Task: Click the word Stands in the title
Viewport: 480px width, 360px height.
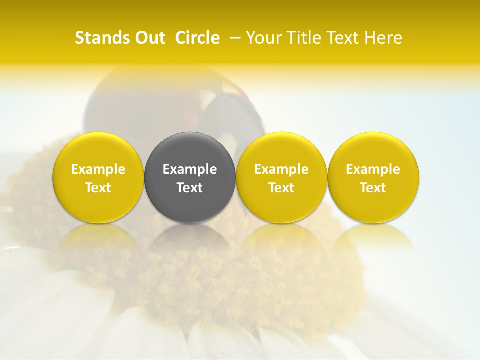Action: [98, 38]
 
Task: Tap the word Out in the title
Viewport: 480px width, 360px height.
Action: [149, 38]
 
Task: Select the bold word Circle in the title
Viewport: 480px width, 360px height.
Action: [197, 38]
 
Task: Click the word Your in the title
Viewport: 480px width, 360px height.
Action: [261, 38]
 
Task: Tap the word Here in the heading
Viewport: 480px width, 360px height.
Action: [383, 38]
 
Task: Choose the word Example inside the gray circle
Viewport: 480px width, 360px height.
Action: [190, 169]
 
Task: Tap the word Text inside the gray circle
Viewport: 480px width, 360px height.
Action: [190, 188]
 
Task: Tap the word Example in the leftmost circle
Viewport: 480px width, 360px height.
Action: [98, 169]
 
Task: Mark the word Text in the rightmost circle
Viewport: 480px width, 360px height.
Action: [373, 188]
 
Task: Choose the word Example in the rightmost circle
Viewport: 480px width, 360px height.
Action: [373, 169]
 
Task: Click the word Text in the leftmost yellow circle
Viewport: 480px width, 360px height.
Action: [98, 188]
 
